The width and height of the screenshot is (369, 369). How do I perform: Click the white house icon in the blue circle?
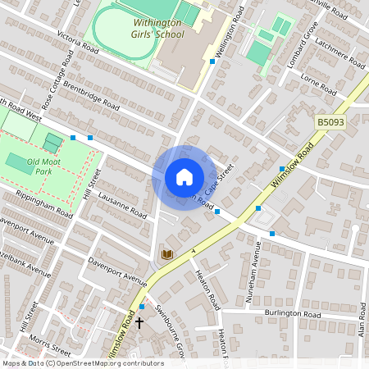(184, 176)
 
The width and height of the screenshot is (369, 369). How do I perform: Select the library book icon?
(168, 255)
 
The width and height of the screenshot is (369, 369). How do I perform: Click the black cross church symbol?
(139, 323)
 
